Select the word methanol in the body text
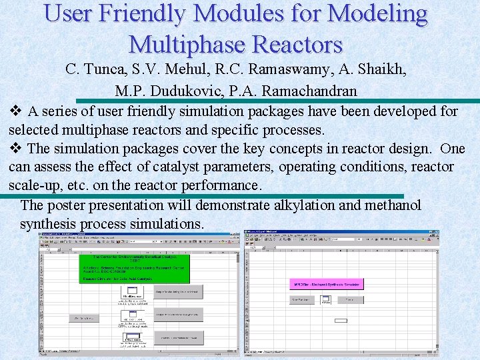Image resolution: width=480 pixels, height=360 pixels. click(393, 205)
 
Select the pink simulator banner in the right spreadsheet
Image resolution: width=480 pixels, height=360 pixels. click(327, 284)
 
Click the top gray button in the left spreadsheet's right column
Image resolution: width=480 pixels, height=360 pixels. click(179, 292)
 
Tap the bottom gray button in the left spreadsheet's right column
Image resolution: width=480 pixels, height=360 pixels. click(179, 337)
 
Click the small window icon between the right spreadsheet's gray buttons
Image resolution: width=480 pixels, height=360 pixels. click(326, 300)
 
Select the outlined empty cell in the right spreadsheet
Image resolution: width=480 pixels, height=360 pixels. click(341, 321)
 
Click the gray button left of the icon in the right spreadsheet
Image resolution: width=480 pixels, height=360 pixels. click(303, 300)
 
